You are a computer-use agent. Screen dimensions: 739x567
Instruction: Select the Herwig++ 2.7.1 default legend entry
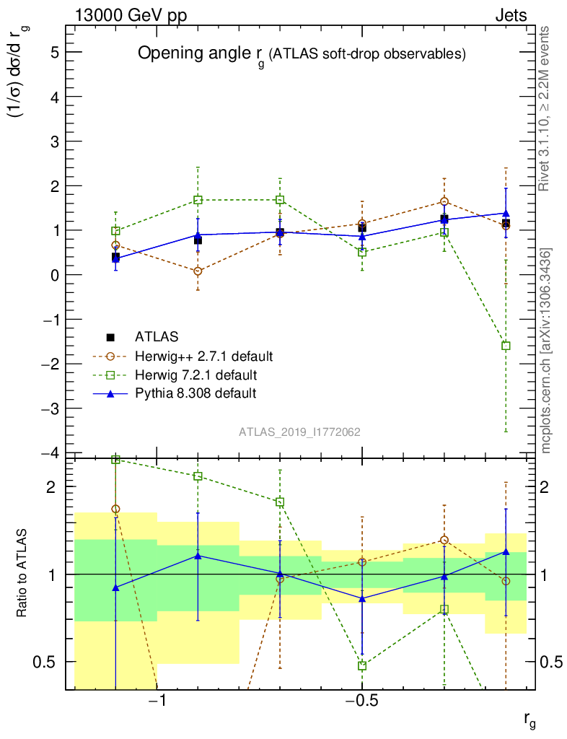pos(203,357)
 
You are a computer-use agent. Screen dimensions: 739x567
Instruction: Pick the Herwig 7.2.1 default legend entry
pos(195,375)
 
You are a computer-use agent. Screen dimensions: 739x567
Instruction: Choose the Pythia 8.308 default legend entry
pos(195,393)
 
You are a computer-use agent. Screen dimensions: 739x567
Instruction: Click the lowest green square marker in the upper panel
pos(506,346)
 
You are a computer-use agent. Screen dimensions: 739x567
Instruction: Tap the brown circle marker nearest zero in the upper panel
pos(198,271)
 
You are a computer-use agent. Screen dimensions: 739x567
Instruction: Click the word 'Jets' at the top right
pos(511,16)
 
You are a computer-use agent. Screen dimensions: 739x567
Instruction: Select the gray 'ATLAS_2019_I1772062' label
pos(299,432)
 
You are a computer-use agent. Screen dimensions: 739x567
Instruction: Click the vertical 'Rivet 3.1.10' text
pos(545,108)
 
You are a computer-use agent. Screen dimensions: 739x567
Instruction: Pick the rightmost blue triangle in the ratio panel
pos(506,552)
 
